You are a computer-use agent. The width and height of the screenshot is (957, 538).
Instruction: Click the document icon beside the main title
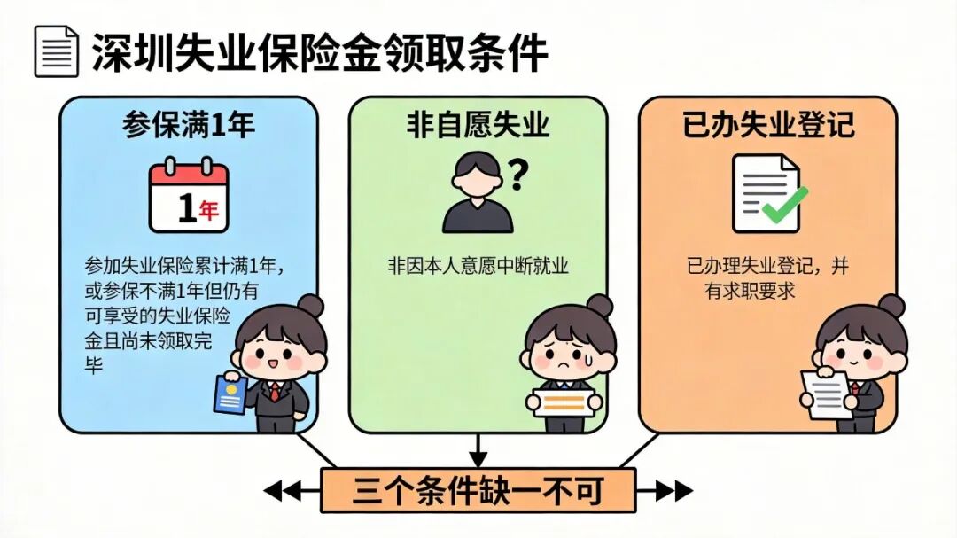pos(56,51)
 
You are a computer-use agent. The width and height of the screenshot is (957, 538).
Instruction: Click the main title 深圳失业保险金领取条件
pos(320,52)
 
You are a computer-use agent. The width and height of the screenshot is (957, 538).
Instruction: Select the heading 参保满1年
pos(189,125)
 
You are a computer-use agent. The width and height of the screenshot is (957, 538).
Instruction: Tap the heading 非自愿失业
pos(478,125)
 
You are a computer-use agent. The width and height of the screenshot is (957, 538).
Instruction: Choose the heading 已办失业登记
pos(768,125)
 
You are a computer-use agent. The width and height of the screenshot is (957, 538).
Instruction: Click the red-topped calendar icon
pos(190,195)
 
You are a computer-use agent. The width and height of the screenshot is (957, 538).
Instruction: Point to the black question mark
pos(517,174)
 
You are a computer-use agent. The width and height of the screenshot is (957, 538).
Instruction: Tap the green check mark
pos(784,204)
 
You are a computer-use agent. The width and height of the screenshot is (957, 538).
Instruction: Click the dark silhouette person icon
pos(478,193)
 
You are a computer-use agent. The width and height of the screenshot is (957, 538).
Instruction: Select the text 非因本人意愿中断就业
pos(478,266)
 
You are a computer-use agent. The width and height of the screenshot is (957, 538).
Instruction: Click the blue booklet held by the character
pos(230,394)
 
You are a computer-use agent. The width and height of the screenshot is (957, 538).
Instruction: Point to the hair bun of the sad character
pos(599,306)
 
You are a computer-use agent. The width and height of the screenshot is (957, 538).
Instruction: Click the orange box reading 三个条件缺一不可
pos(478,490)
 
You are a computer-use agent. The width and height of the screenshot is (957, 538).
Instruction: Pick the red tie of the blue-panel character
pos(276,392)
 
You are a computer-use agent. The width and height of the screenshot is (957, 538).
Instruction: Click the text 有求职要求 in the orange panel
pos(750,292)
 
